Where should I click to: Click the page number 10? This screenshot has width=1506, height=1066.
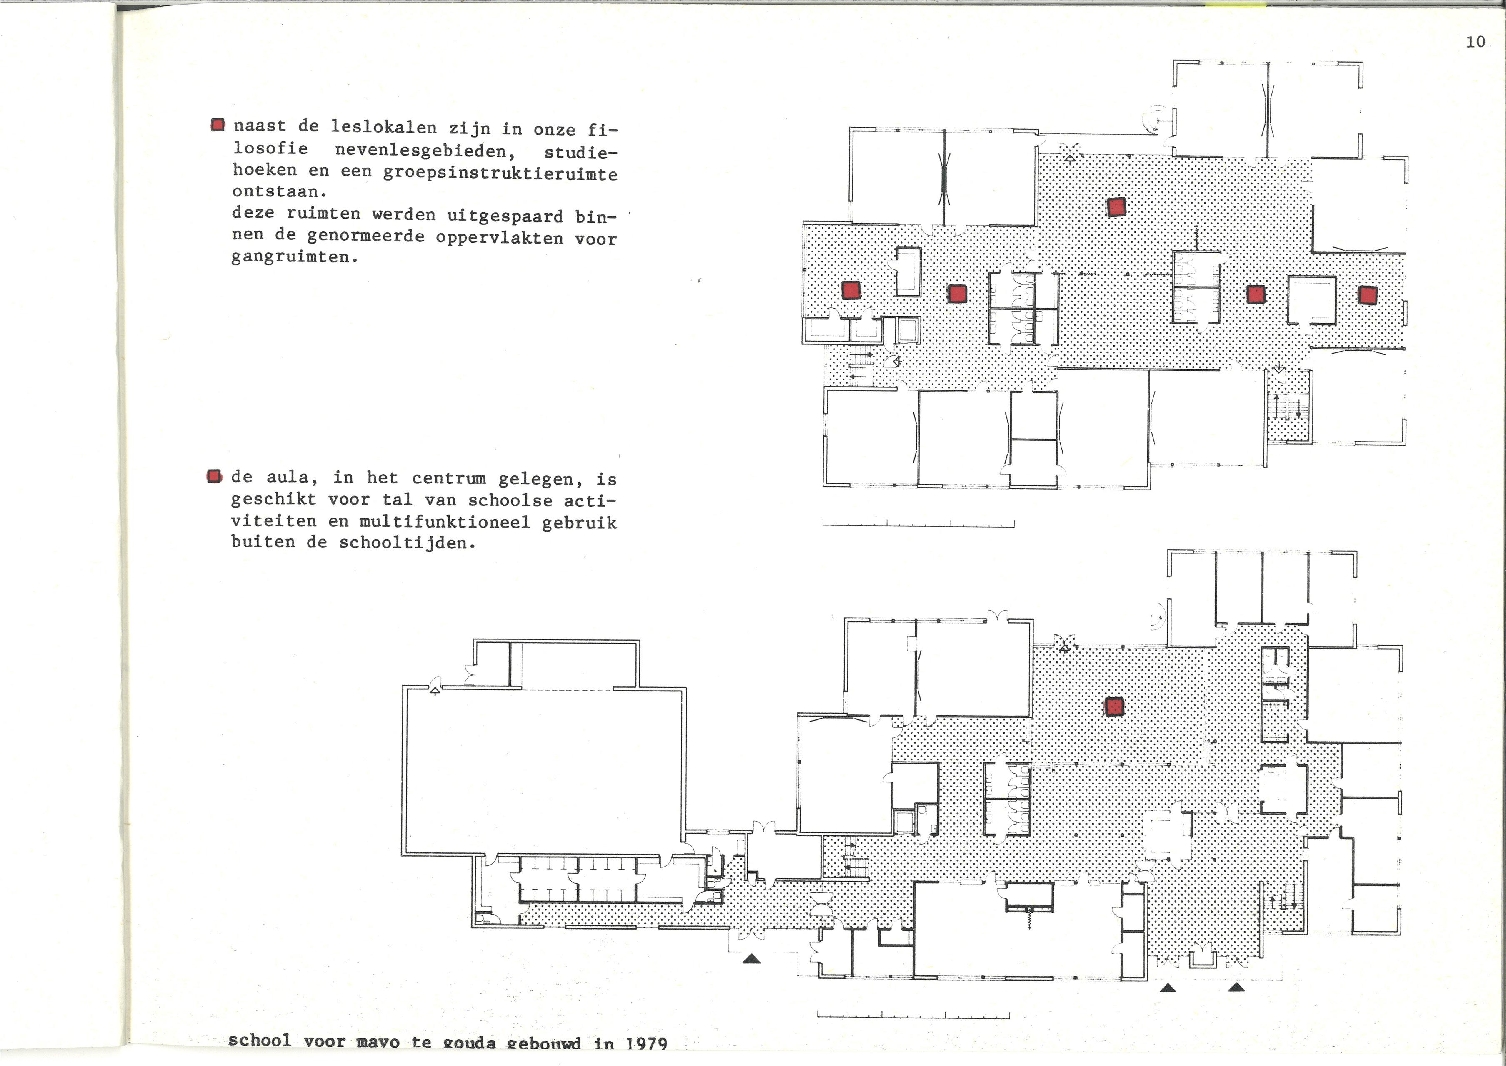click(1475, 42)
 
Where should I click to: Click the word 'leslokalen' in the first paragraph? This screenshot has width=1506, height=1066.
click(384, 127)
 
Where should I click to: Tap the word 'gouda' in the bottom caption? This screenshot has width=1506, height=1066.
click(469, 1043)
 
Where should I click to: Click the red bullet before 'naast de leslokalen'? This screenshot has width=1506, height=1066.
click(218, 125)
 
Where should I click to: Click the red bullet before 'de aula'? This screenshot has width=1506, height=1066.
click(214, 476)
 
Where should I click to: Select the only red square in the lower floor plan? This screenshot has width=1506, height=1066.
click(1114, 706)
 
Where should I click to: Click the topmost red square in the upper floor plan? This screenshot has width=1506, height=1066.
click(1116, 207)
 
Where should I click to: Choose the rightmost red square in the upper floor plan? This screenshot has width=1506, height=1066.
click(1368, 295)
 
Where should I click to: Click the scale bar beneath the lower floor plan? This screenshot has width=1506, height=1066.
click(913, 1016)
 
